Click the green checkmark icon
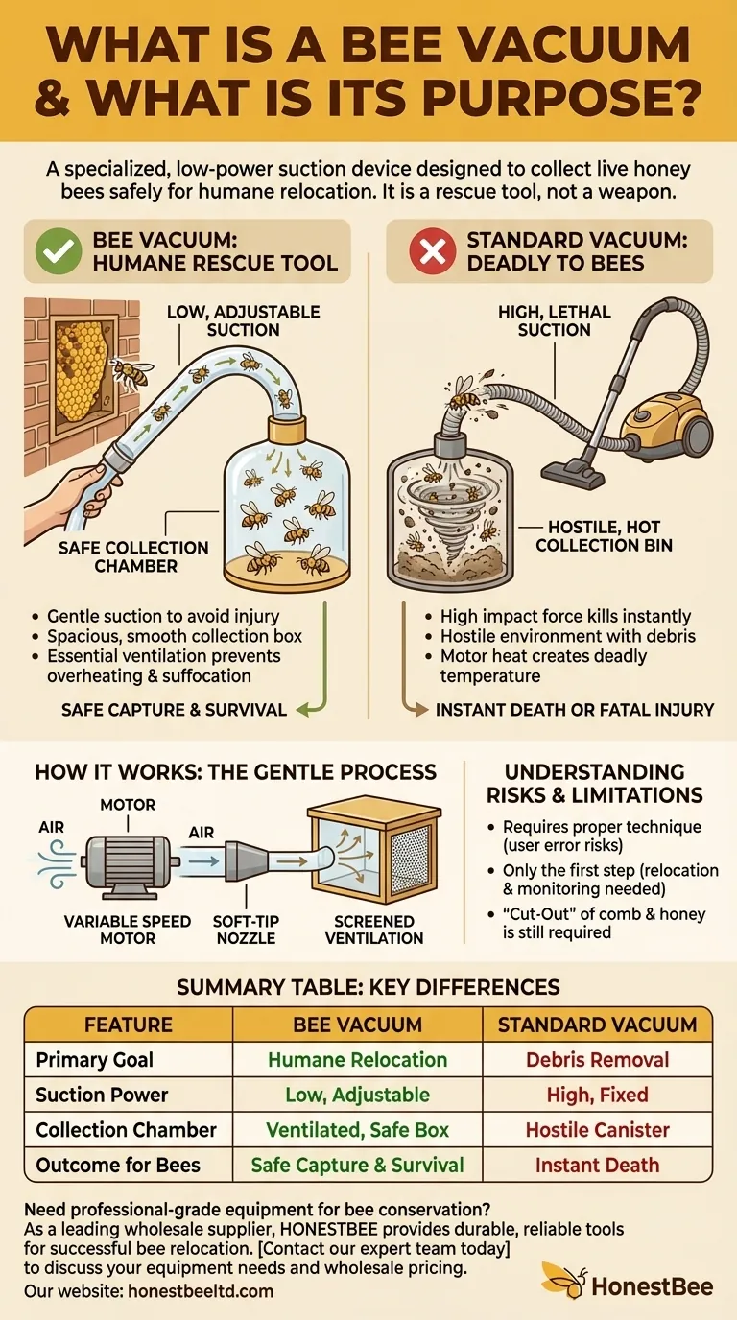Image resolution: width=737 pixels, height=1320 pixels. pyautogui.click(x=58, y=251)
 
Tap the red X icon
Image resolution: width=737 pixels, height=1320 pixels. pyautogui.click(x=432, y=251)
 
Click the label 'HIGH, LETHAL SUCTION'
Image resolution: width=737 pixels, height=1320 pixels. pyautogui.click(x=555, y=320)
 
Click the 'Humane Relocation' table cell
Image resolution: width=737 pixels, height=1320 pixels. pyautogui.click(x=357, y=1060)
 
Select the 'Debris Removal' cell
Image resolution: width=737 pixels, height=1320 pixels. pyautogui.click(x=597, y=1060)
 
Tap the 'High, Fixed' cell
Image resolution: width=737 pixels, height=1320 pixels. pyautogui.click(x=597, y=1095)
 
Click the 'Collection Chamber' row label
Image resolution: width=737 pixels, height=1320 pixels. pyautogui.click(x=127, y=1130)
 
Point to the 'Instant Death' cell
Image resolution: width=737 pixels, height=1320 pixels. pyautogui.click(x=597, y=1166)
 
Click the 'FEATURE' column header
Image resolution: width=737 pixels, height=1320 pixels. pyautogui.click(x=129, y=1025)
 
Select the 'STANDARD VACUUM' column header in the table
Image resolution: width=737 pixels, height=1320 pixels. pyautogui.click(x=597, y=1025)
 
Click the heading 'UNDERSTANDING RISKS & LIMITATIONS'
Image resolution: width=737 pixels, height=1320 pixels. pyautogui.click(x=594, y=783)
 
